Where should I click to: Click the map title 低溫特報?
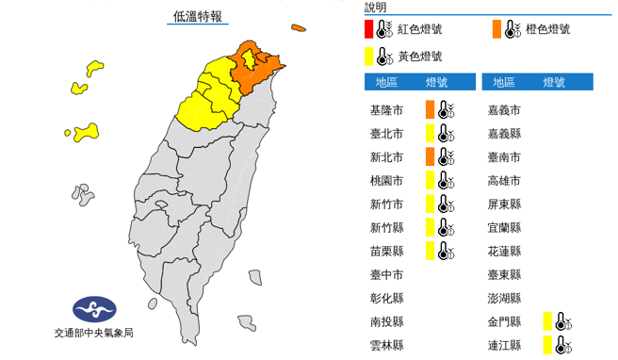pyautogui.click(x=198, y=17)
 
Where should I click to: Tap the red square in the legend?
pyautogui.click(x=369, y=29)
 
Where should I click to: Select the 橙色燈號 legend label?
pyautogui.click(x=546, y=29)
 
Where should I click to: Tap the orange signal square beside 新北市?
pyautogui.click(x=430, y=156)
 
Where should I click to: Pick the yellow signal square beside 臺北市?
pyautogui.click(x=430, y=133)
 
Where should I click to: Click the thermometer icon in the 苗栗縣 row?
pyautogui.click(x=447, y=251)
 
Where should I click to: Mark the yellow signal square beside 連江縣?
pyautogui.click(x=547, y=345)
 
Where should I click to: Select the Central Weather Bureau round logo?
pyautogui.click(x=94, y=309)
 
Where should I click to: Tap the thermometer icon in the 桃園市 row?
pyautogui.click(x=447, y=180)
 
